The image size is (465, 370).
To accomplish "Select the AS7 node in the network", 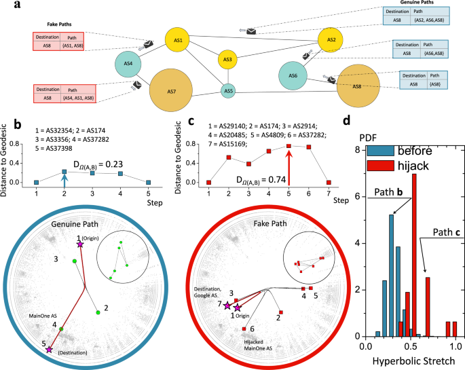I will click(x=172, y=90).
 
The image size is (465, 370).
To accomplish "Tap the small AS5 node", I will click(x=228, y=90).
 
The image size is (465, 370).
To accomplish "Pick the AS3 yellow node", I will click(x=228, y=60).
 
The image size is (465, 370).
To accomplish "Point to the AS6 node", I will click(x=293, y=75).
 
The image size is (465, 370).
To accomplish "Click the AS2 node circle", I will click(x=331, y=40).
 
